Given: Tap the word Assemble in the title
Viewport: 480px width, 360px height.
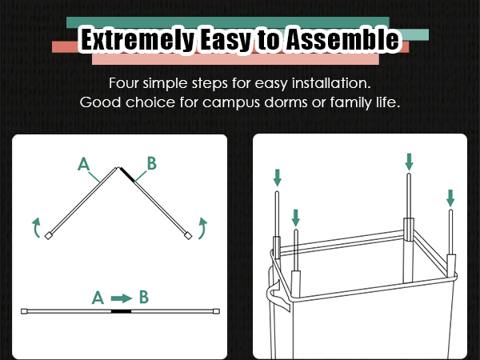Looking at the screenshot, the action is [343, 39].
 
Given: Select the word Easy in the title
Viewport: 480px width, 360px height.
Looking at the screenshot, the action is [226, 40].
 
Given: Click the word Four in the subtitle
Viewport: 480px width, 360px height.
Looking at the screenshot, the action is [124, 83].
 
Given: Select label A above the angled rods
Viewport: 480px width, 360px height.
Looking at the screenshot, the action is [83, 164].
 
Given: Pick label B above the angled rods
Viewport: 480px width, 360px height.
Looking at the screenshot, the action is [152, 163].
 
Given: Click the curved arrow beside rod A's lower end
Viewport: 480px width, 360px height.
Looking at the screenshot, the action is [37, 228].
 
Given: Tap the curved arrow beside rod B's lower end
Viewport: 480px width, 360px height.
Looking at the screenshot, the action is [202, 228].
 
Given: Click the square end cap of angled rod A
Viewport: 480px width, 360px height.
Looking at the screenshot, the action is [48, 236].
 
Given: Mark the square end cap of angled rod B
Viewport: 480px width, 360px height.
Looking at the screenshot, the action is [188, 235].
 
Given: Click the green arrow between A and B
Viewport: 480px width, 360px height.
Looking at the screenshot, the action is [122, 298].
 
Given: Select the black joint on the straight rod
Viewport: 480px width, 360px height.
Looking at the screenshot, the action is [121, 311].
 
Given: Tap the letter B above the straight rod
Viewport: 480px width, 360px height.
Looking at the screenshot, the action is [144, 297].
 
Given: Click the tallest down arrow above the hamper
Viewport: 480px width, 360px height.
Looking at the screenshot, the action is [409, 162].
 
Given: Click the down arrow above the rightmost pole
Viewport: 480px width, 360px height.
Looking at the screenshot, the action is [450, 198].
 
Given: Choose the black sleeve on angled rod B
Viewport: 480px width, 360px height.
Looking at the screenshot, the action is [127, 174].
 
